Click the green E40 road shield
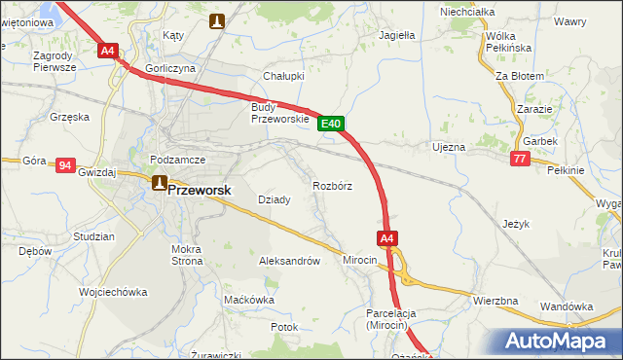coord(331,124)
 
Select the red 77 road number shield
coord(520,159)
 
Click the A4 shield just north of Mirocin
coord(386,238)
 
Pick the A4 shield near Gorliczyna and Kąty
coord(108,50)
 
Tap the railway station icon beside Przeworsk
coord(158,182)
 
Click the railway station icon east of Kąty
coord(219,18)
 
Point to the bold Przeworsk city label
coord(200,191)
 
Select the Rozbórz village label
coord(332,185)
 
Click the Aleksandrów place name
coord(289,261)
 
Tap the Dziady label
coord(274,199)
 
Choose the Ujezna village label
coord(449,147)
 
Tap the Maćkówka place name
coord(249,300)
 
